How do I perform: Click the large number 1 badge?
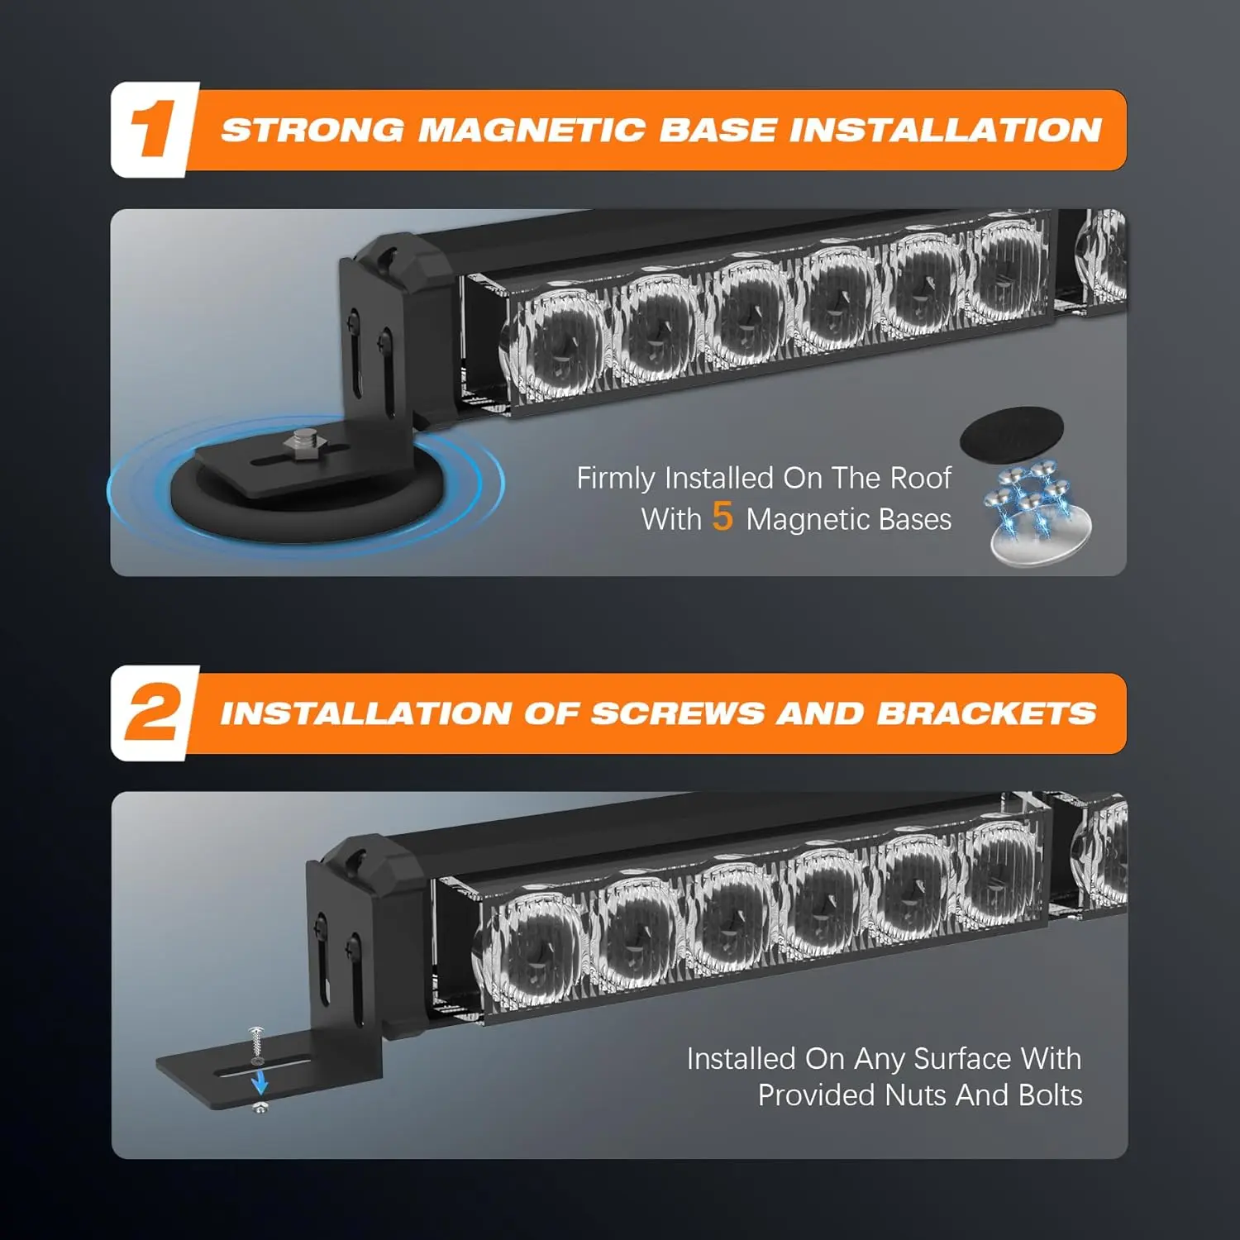(x=155, y=129)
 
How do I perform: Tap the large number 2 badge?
(x=155, y=713)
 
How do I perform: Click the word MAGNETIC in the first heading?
(x=532, y=130)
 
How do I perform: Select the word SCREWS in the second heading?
(x=678, y=713)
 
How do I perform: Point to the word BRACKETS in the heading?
(x=987, y=713)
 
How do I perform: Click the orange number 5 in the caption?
(x=723, y=517)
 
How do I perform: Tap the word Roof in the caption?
(x=922, y=478)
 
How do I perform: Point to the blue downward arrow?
(x=260, y=1080)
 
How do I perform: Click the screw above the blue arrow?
(x=255, y=1044)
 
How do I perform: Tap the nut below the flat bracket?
(x=260, y=1106)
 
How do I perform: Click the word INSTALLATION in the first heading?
(x=945, y=130)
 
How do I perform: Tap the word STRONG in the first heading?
(x=313, y=130)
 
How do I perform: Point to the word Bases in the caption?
(x=915, y=519)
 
